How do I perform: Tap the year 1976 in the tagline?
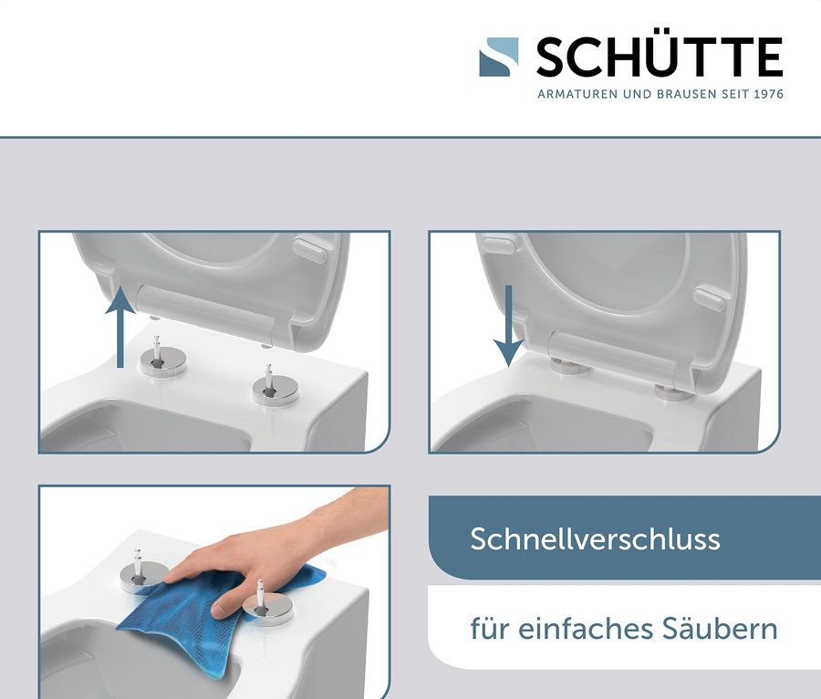[768, 94]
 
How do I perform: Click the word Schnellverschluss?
[595, 538]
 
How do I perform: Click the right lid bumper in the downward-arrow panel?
[709, 297]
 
